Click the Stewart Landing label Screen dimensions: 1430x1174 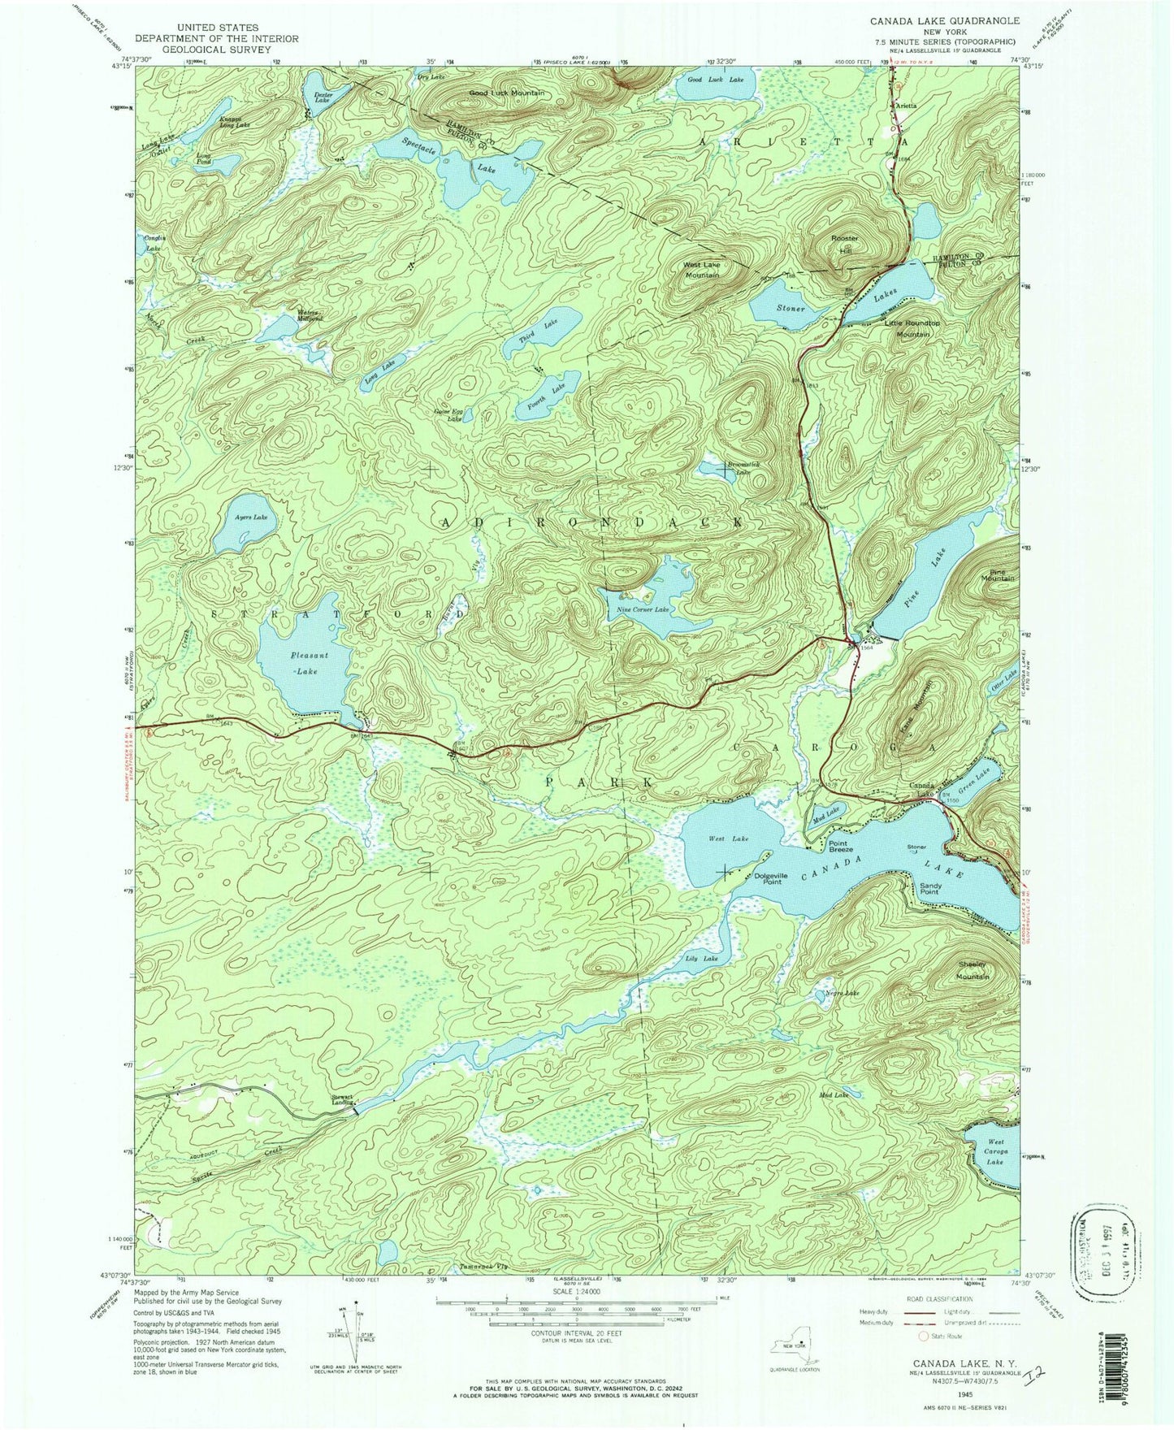tap(342, 1098)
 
